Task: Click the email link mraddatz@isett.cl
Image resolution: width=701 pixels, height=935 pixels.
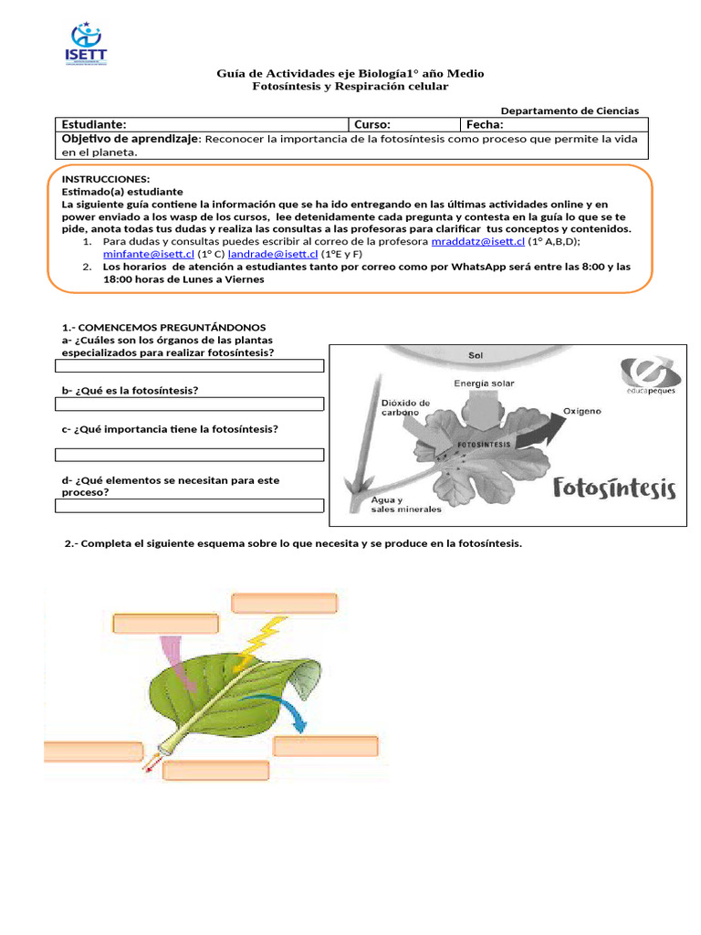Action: pyautogui.click(x=477, y=242)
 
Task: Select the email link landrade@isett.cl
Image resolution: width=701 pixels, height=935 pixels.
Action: pyautogui.click(x=272, y=254)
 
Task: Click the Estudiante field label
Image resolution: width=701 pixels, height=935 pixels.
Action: pyautogui.click(x=93, y=124)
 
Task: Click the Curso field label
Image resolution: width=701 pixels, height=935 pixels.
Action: pyautogui.click(x=372, y=124)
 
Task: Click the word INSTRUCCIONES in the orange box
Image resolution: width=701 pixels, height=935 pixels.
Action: pyautogui.click(x=105, y=179)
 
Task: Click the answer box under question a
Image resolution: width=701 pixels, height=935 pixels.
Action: pyautogui.click(x=190, y=366)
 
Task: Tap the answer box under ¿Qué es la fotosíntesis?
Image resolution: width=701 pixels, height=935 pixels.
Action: pyautogui.click(x=190, y=404)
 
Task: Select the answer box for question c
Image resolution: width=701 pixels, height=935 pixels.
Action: pyautogui.click(x=190, y=455)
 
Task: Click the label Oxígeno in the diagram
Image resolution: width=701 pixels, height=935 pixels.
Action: pyautogui.click(x=581, y=412)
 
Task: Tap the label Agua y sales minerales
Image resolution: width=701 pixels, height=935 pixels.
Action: pyautogui.click(x=405, y=504)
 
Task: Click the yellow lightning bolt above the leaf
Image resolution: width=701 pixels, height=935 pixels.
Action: pyautogui.click(x=258, y=643)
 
